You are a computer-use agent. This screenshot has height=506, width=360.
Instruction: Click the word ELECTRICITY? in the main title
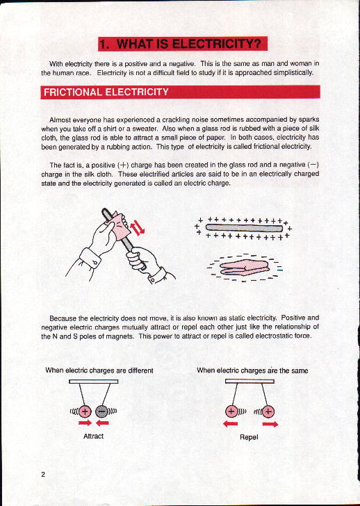216,44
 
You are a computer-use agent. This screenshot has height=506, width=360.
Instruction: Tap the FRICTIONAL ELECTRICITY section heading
106,92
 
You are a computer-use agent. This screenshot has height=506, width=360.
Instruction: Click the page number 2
43,474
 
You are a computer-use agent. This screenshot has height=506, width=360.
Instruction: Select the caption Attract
93,436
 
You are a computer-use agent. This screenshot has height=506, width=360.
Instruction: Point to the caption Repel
249,437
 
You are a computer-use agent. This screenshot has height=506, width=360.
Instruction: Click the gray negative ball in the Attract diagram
101,411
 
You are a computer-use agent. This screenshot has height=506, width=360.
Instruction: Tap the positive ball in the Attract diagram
85,411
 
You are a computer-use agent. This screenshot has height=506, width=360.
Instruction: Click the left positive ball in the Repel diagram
231,411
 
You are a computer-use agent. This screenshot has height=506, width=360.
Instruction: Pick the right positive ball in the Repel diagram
268,411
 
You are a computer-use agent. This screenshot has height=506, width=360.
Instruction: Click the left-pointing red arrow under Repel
230,424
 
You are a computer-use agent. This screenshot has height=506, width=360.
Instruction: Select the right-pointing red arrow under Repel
270,424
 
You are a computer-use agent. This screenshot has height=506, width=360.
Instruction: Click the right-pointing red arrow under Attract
85,423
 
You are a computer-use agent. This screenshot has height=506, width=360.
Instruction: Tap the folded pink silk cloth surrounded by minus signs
244,268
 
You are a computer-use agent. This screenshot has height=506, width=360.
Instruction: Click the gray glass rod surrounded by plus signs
244,228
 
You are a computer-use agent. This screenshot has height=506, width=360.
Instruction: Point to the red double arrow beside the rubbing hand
138,227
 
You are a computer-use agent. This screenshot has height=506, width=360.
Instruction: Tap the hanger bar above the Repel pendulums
249,381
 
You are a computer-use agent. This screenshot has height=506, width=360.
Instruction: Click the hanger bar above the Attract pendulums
94,382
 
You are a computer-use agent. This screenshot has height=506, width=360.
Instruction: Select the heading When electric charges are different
99,370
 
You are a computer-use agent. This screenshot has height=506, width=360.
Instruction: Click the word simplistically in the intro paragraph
293,72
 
